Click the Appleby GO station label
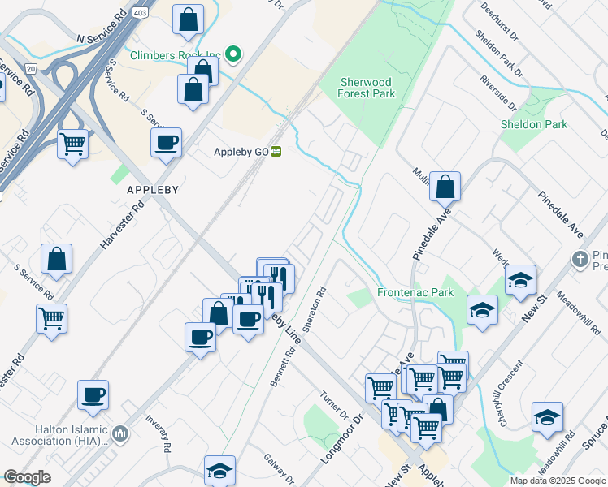point(241,152)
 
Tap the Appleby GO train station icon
point(276,151)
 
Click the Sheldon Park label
point(533,124)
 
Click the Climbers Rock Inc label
point(176,55)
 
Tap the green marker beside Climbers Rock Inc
point(233,55)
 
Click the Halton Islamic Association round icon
point(120,434)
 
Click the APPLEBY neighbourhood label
point(152,188)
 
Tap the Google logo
point(27,477)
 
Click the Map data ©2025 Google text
point(557,481)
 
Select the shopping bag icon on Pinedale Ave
point(445,187)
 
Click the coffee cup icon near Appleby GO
point(167,143)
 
